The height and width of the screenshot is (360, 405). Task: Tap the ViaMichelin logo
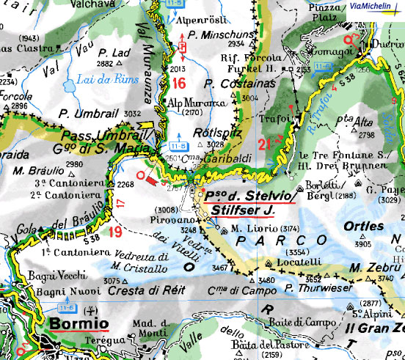pos(374,6)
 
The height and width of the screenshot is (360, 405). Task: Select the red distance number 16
pos(179,81)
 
